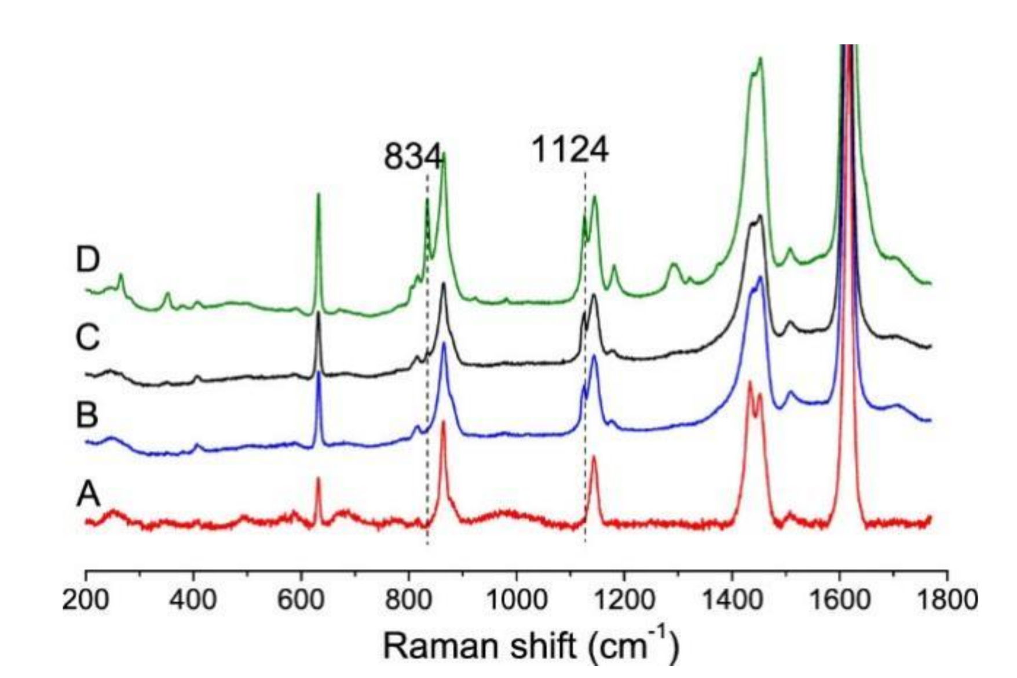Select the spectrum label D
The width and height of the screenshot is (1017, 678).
point(87,259)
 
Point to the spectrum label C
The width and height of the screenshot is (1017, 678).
point(87,337)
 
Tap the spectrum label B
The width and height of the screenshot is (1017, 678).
point(87,415)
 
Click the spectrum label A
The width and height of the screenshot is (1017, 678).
point(87,494)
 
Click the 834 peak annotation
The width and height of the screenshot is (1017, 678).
point(412,156)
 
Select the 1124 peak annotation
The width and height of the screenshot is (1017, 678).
point(570,150)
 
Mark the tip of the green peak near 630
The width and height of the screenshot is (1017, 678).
point(318,194)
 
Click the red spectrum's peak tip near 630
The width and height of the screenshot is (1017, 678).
point(318,478)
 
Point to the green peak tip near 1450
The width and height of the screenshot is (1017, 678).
point(760,58)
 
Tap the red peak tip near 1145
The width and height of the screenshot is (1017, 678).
point(594,457)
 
